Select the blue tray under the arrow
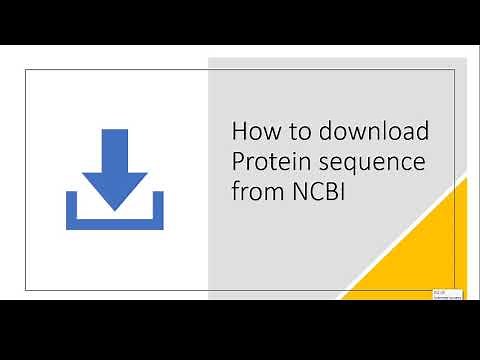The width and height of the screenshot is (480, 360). coord(113,221)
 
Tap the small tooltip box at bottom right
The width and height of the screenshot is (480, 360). coord(446,294)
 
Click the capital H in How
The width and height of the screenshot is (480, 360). coord(240,131)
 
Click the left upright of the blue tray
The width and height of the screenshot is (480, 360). coord(72,208)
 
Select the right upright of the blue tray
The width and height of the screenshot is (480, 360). coord(155,208)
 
